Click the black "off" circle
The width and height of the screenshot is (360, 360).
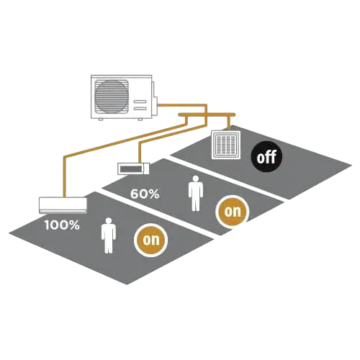[x=266, y=157]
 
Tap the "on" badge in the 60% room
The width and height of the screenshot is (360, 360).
[x=232, y=211]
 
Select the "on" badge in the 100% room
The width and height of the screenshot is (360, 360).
[x=150, y=240]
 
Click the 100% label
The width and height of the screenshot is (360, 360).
[x=62, y=225]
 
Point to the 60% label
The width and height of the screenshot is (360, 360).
[x=145, y=194]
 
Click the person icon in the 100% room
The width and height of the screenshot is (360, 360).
[x=109, y=235]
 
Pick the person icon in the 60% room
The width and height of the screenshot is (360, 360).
[x=196, y=194]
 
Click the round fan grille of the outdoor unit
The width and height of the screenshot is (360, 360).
[x=112, y=96]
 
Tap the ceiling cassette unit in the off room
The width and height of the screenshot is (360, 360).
[x=226, y=145]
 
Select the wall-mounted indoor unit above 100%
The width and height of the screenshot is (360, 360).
[x=63, y=205]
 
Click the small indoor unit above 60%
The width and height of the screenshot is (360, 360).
[x=133, y=168]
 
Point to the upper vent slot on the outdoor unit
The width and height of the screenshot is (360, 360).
[x=140, y=102]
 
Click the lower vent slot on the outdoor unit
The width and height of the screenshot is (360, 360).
[x=140, y=109]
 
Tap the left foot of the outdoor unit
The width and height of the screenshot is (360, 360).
[x=101, y=120]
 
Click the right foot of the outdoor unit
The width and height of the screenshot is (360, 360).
[x=140, y=120]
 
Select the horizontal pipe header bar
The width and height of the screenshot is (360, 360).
[x=207, y=114]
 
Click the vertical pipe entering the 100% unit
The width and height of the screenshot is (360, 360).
[x=64, y=176]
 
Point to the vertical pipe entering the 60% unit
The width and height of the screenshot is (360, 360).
[x=140, y=153]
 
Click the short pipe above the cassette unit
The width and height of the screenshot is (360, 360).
[x=229, y=123]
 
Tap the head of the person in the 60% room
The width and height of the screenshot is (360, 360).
[x=196, y=179]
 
